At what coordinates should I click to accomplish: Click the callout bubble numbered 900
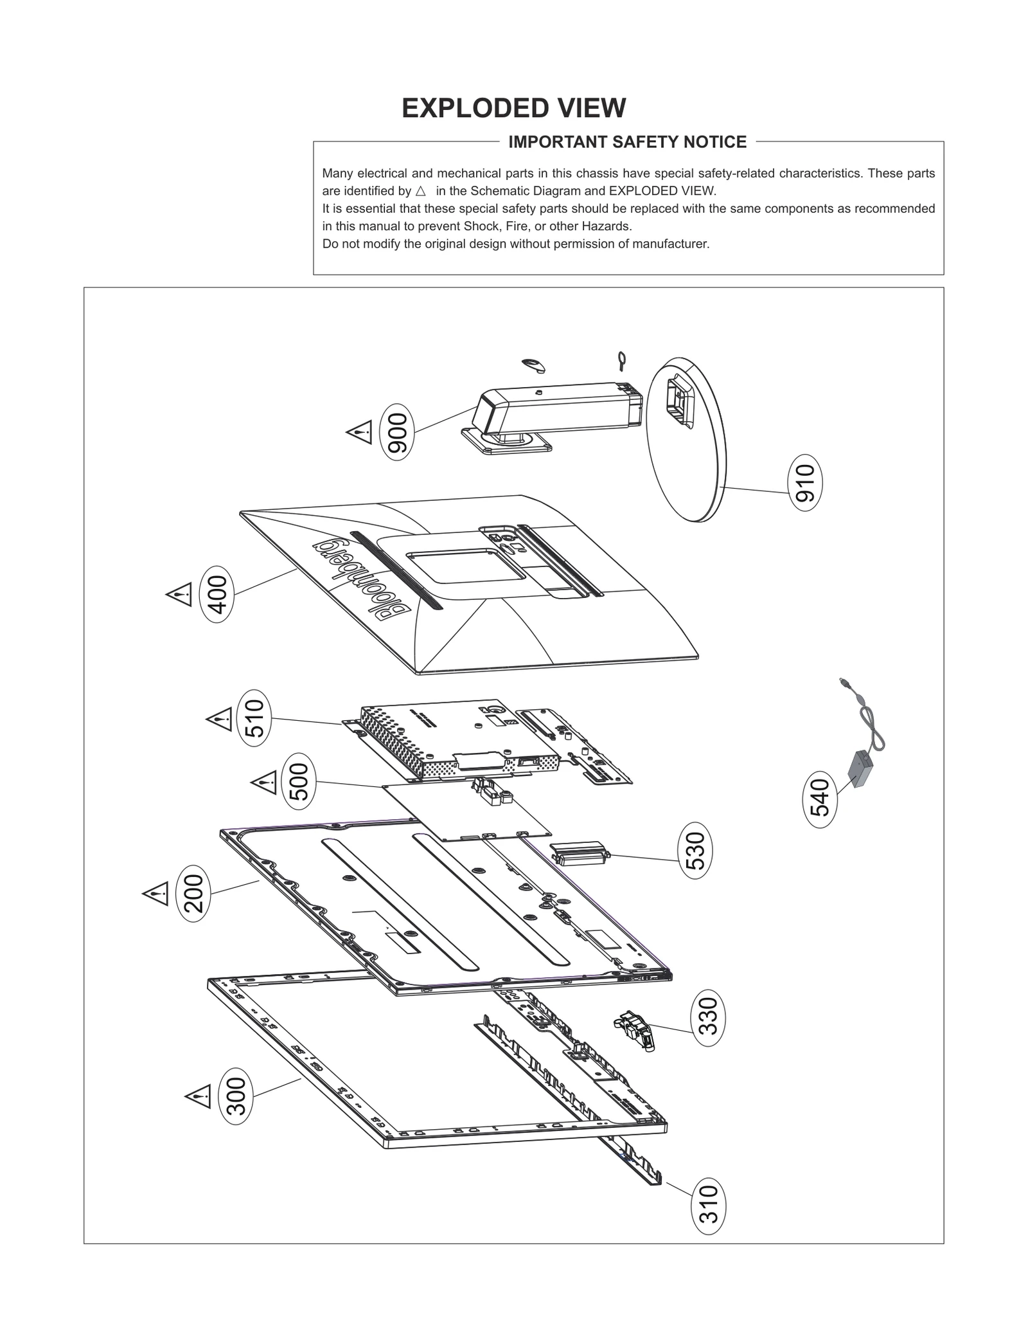397,431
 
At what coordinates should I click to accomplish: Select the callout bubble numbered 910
804,483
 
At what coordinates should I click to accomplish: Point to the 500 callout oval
299,781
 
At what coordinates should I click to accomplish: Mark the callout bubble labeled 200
193,893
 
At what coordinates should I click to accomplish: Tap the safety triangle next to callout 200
156,893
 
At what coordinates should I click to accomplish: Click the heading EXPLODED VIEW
513,108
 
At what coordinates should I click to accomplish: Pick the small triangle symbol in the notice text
421,191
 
